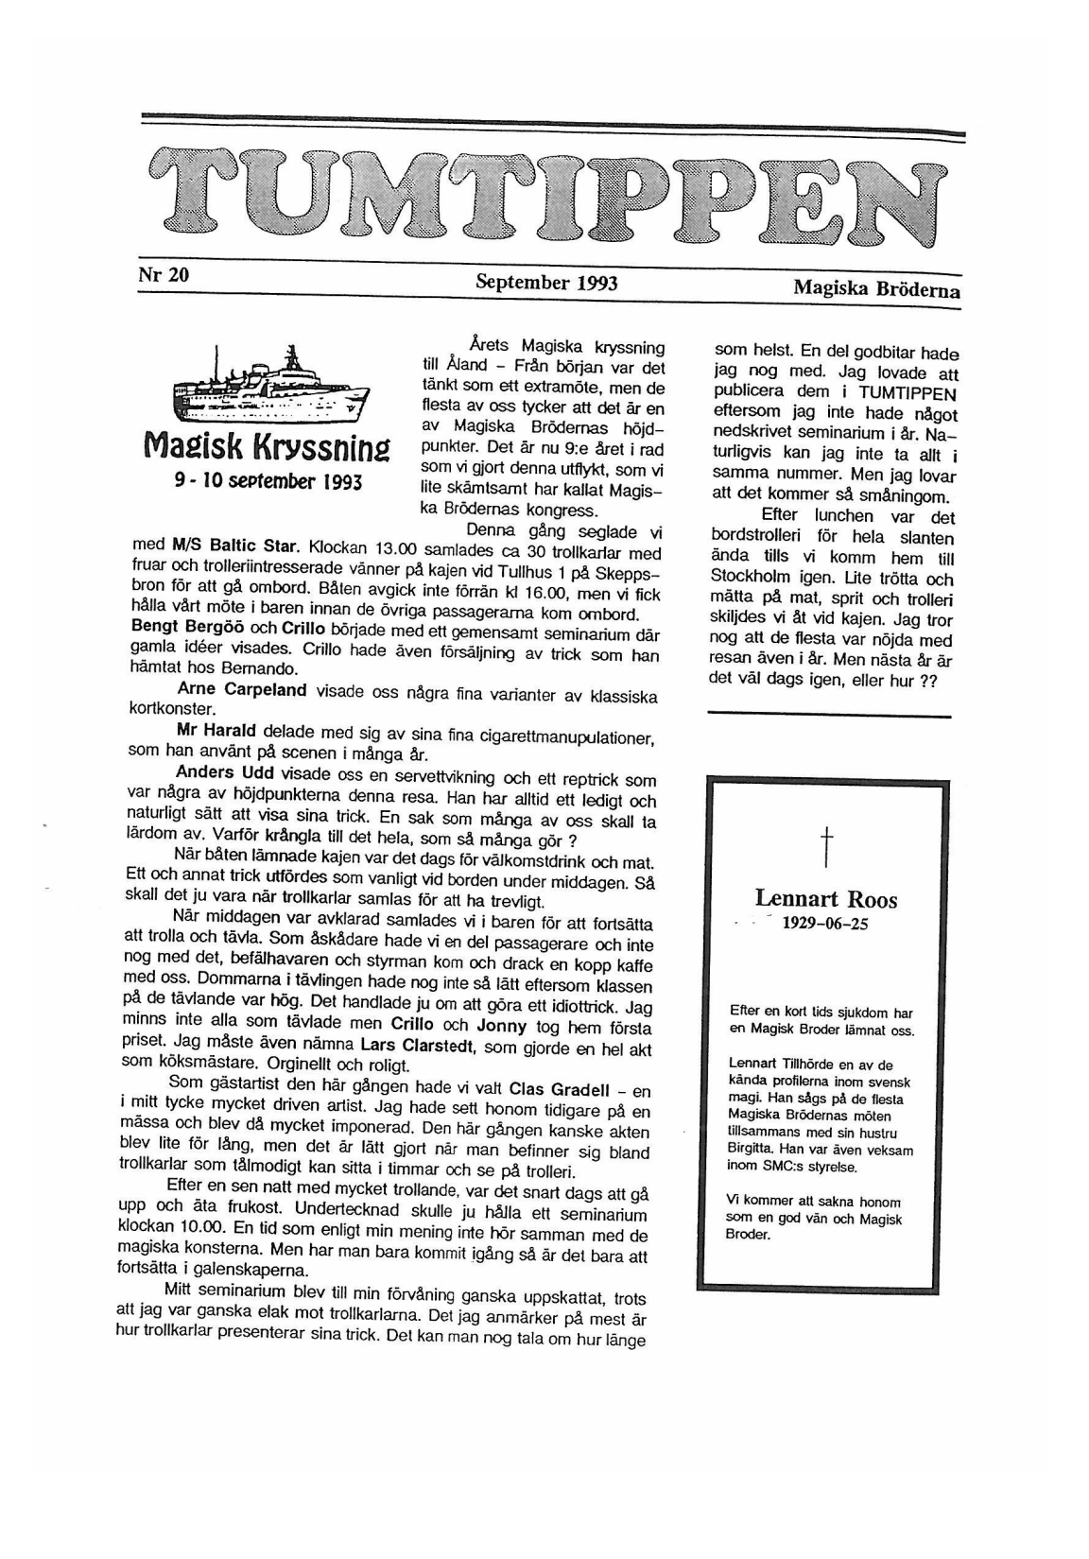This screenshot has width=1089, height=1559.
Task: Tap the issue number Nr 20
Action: coord(164,275)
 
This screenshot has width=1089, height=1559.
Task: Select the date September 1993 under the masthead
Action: coord(546,282)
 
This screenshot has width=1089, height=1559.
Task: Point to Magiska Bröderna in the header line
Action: coord(876,289)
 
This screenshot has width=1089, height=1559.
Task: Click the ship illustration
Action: coord(270,390)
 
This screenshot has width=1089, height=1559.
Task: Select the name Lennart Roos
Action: coord(826,899)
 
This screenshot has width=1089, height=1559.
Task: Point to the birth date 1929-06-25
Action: coord(824,925)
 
